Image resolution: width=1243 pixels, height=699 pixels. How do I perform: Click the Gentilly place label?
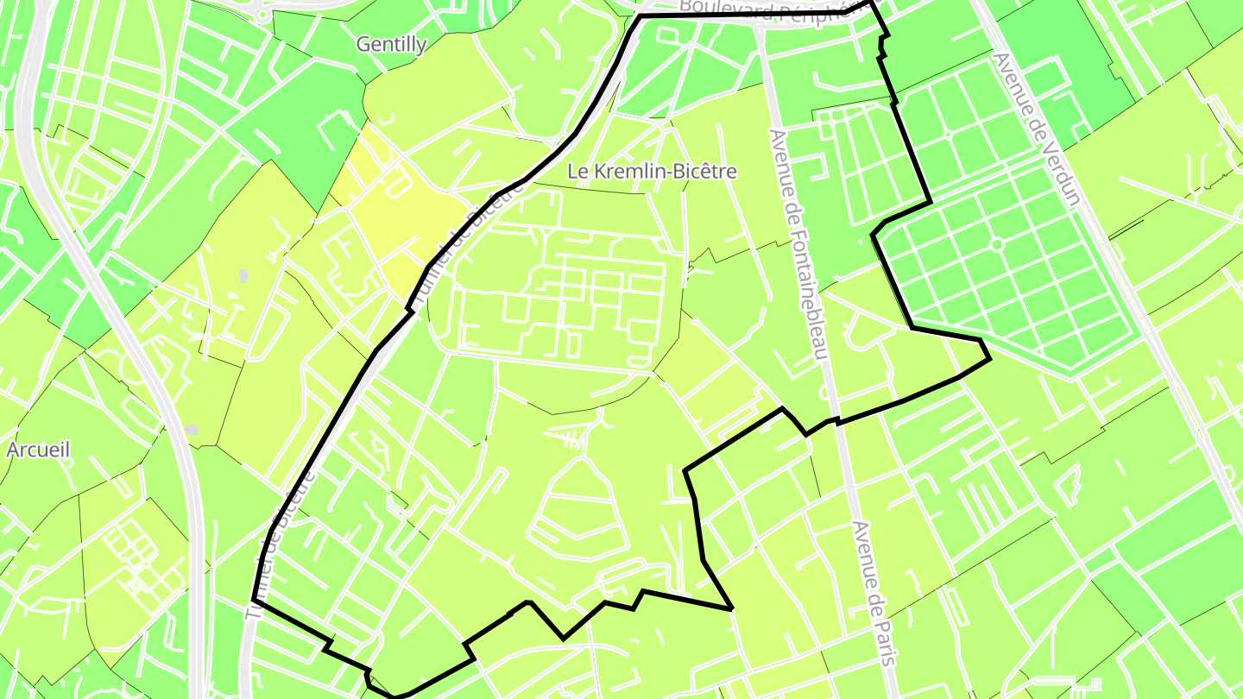click(x=391, y=44)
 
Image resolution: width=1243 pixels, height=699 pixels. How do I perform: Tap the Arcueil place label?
click(x=38, y=450)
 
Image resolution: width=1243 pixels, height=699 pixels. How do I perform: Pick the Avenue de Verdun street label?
click(x=1036, y=129)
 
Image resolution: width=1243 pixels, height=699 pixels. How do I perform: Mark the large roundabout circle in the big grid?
click(x=997, y=245)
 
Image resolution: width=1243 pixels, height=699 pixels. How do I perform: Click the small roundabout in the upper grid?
click(x=947, y=134)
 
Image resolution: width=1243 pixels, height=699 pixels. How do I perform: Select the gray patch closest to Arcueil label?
click(x=191, y=429)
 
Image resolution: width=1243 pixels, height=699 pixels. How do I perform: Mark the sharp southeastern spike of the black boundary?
click(x=731, y=608)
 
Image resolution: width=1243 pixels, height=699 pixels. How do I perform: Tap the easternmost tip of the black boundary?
click(x=989, y=356)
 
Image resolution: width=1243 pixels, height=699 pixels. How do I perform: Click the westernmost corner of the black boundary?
click(x=254, y=599)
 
